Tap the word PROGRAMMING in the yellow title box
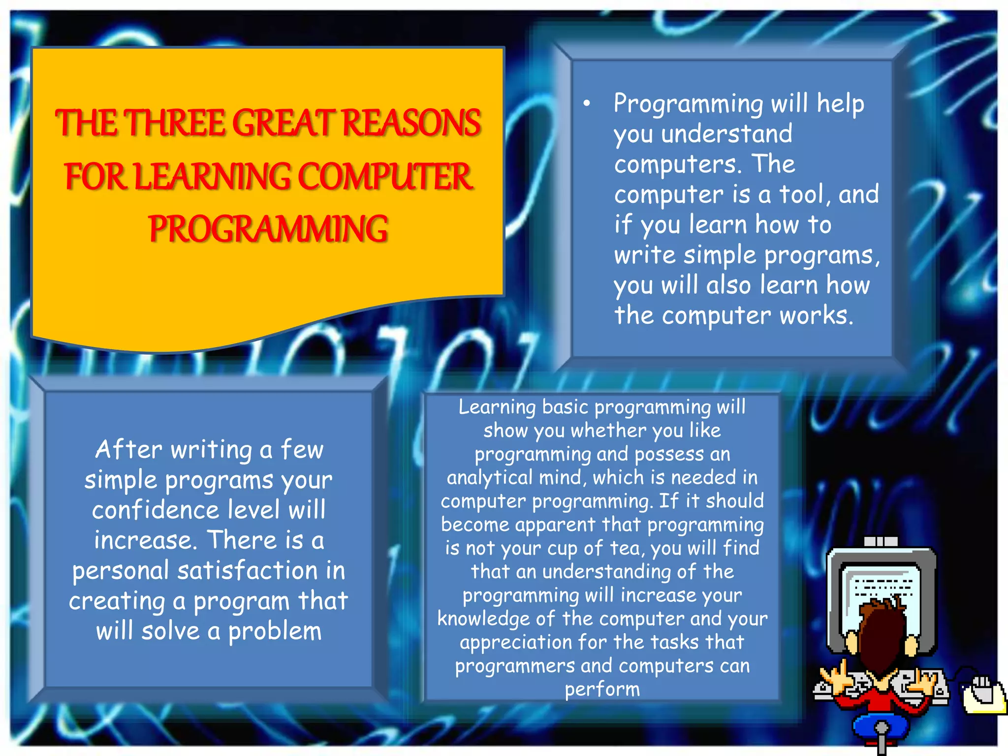(x=268, y=229)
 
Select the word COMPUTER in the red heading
(x=385, y=177)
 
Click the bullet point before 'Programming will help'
(x=586, y=104)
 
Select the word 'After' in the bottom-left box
(x=128, y=449)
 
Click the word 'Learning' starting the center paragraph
(x=497, y=407)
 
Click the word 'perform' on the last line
(x=602, y=690)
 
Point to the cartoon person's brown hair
(x=883, y=635)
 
